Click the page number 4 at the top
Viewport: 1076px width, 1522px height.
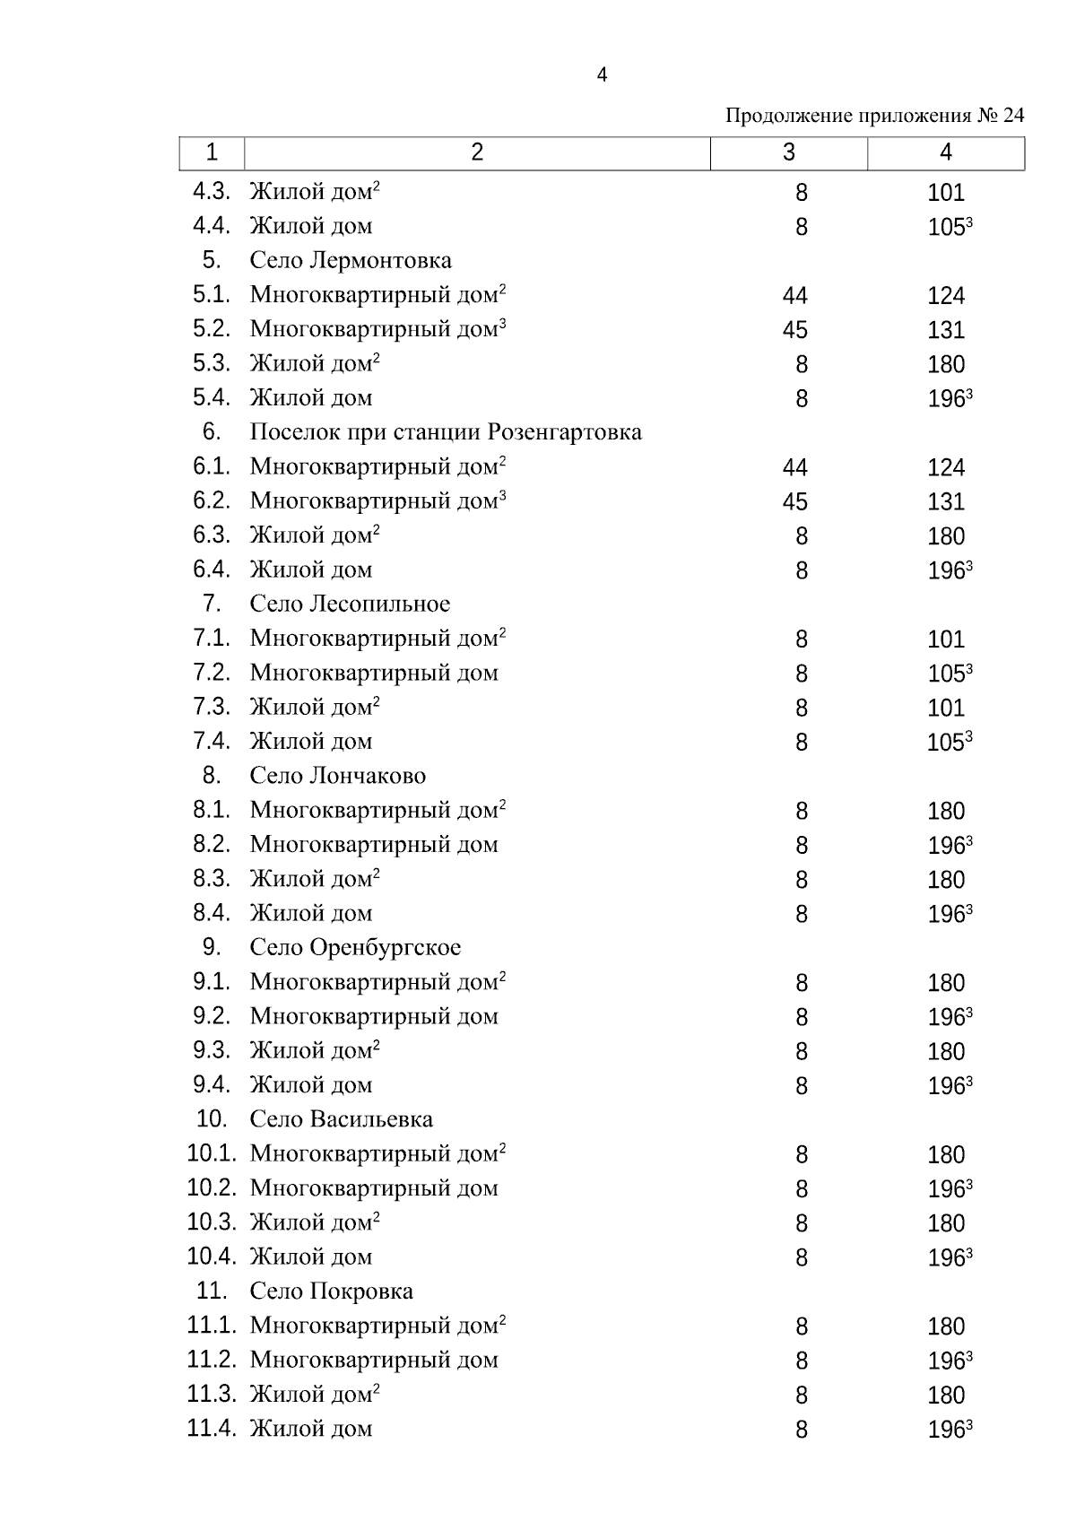(602, 75)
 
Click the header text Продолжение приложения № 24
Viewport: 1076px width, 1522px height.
(874, 116)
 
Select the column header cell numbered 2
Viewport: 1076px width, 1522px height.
(476, 152)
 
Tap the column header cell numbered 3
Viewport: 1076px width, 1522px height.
(788, 152)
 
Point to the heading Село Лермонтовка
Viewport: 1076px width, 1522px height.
(351, 261)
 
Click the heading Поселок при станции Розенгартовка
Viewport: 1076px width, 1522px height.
(446, 432)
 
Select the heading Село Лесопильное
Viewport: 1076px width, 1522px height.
(350, 604)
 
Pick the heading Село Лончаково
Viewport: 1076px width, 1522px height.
(338, 776)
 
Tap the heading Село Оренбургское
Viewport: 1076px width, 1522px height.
(355, 947)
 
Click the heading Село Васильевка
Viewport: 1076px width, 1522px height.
(342, 1119)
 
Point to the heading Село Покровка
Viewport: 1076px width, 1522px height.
(332, 1292)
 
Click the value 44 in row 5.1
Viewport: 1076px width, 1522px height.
(794, 296)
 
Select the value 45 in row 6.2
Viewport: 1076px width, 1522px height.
(794, 502)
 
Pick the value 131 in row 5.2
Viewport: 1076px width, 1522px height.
(946, 330)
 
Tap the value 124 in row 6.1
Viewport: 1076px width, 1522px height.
(946, 467)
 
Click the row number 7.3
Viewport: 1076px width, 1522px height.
(212, 707)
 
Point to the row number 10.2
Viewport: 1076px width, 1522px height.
(212, 1188)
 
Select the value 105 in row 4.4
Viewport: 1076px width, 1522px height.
(946, 228)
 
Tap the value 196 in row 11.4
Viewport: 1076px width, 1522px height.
(946, 1430)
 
